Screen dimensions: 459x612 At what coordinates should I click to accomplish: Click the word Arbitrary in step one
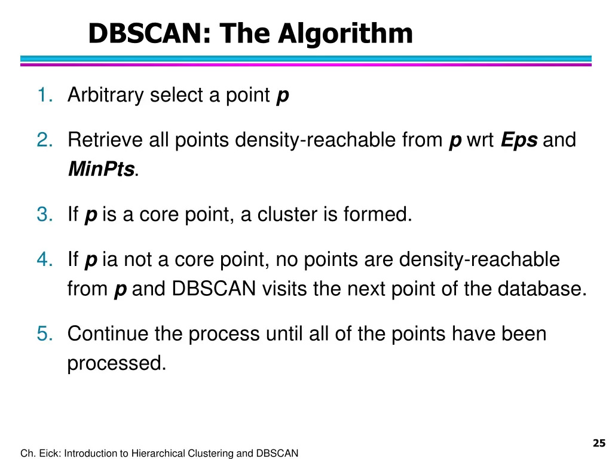click(x=105, y=95)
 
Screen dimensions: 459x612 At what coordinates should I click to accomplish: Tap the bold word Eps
click(x=519, y=140)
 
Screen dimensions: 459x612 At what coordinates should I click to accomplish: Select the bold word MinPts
click(x=100, y=169)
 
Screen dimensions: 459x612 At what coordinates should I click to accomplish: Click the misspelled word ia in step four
click(x=109, y=260)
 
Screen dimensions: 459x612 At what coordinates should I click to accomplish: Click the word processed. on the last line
click(x=117, y=363)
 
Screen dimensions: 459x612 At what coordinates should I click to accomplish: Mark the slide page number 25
click(x=598, y=443)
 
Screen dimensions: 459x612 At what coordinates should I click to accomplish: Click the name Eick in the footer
click(x=48, y=454)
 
